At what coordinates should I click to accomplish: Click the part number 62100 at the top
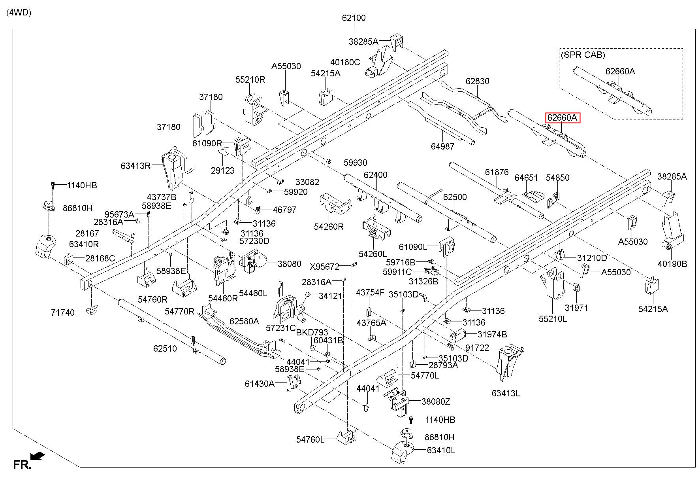pos(354,18)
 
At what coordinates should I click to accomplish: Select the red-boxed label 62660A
pos(563,117)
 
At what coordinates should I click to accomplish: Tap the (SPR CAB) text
pos(583,55)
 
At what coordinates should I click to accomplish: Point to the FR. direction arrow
pos(38,457)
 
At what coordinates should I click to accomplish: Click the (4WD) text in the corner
pos(19,12)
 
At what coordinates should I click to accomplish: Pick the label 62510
pos(165,348)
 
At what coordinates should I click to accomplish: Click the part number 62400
pos(376,175)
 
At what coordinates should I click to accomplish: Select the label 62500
pos(455,197)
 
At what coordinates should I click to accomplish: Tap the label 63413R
pos(136,166)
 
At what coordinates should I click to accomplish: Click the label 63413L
pos(506,393)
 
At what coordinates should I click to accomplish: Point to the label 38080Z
pos(436,401)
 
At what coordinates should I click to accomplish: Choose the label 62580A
pos(244,321)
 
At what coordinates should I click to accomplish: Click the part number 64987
pos(442,146)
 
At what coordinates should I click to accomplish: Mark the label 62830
pos(477,81)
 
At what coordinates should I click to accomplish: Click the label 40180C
pos(345,62)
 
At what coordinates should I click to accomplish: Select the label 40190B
pos(672,264)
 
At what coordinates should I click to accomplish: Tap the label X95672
pos(324,267)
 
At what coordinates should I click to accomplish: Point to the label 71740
pos(63,312)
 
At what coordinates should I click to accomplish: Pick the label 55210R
pos(250,80)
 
